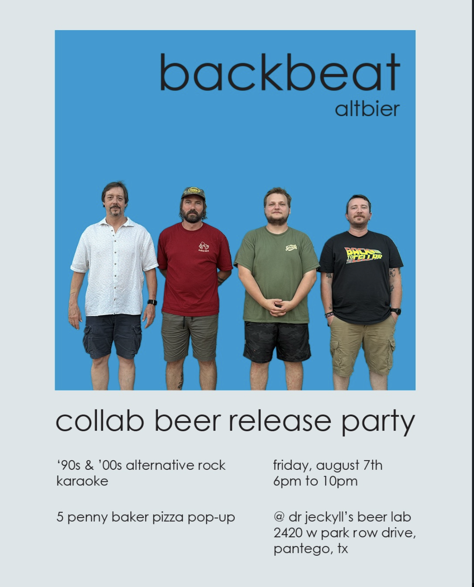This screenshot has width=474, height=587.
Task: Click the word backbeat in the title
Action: click(x=280, y=72)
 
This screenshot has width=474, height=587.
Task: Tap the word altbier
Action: click(x=367, y=109)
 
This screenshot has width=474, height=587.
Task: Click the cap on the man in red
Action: click(x=193, y=193)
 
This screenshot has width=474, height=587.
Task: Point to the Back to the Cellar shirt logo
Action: click(x=363, y=255)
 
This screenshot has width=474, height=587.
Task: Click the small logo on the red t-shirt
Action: click(x=204, y=246)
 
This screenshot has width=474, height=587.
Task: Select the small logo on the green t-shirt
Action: click(x=291, y=247)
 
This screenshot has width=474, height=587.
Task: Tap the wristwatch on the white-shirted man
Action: click(x=152, y=302)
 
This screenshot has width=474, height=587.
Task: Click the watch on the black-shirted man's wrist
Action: click(x=396, y=311)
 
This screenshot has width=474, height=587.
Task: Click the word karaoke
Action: click(x=82, y=481)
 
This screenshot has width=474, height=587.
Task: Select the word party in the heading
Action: click(x=379, y=422)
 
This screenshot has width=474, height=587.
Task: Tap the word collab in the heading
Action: click(x=100, y=420)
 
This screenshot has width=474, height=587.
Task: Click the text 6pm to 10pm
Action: click(x=316, y=481)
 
